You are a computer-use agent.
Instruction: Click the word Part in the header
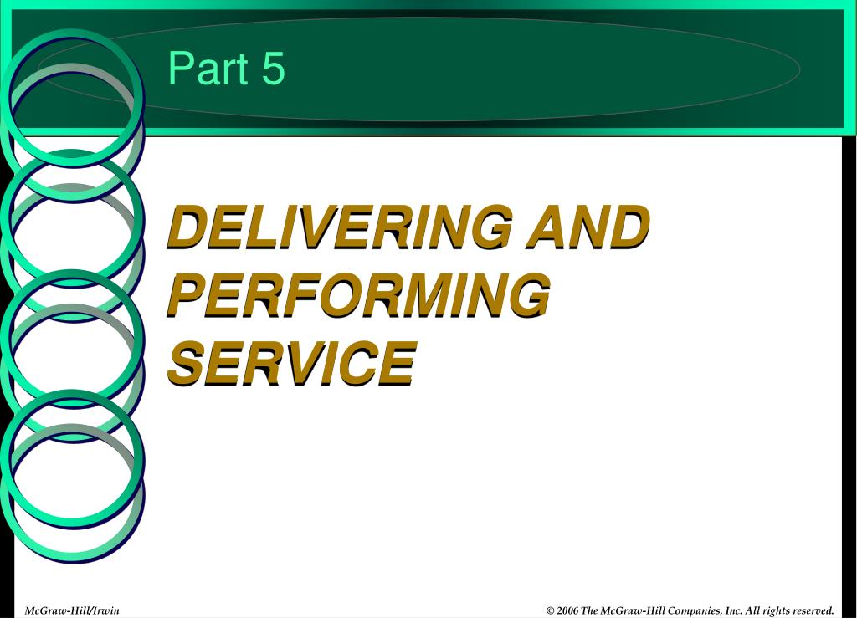tap(208, 68)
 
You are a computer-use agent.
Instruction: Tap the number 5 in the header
tap(274, 68)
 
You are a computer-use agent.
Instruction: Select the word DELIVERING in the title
tap(340, 227)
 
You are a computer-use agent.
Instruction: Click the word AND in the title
tap(588, 227)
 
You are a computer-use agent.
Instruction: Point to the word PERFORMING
tap(358, 295)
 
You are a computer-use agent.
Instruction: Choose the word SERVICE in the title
tap(292, 364)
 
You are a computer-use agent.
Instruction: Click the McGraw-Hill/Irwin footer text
tap(72, 610)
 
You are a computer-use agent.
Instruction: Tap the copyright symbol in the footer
tap(551, 611)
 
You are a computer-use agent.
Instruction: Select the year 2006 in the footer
tap(567, 611)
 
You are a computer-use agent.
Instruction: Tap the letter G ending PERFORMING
tap(528, 295)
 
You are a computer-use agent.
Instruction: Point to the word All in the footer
tap(752, 611)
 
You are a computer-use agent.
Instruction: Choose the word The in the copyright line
tap(589, 611)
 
